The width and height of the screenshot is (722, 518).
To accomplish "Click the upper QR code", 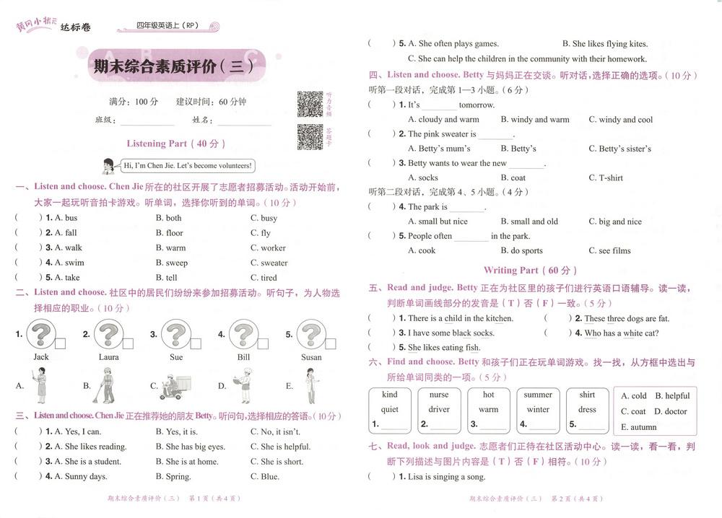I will [310, 105].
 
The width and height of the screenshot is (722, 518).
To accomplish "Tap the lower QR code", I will [310, 137].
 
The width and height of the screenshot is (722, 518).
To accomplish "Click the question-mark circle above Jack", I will [41, 335].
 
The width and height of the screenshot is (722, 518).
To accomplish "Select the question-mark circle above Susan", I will [311, 335].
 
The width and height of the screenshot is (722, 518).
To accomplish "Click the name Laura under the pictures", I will [109, 357].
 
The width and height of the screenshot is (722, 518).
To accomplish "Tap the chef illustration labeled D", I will [243, 386].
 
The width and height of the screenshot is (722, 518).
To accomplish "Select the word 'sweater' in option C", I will [274, 263].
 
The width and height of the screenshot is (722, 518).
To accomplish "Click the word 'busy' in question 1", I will [269, 218].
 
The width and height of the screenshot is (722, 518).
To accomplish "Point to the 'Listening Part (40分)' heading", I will [176, 144].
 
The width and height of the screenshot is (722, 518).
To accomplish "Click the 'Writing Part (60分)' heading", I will [531, 271].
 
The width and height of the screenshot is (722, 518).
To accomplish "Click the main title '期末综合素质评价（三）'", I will [173, 67].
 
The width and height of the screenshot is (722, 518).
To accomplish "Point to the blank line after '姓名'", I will [244, 121].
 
